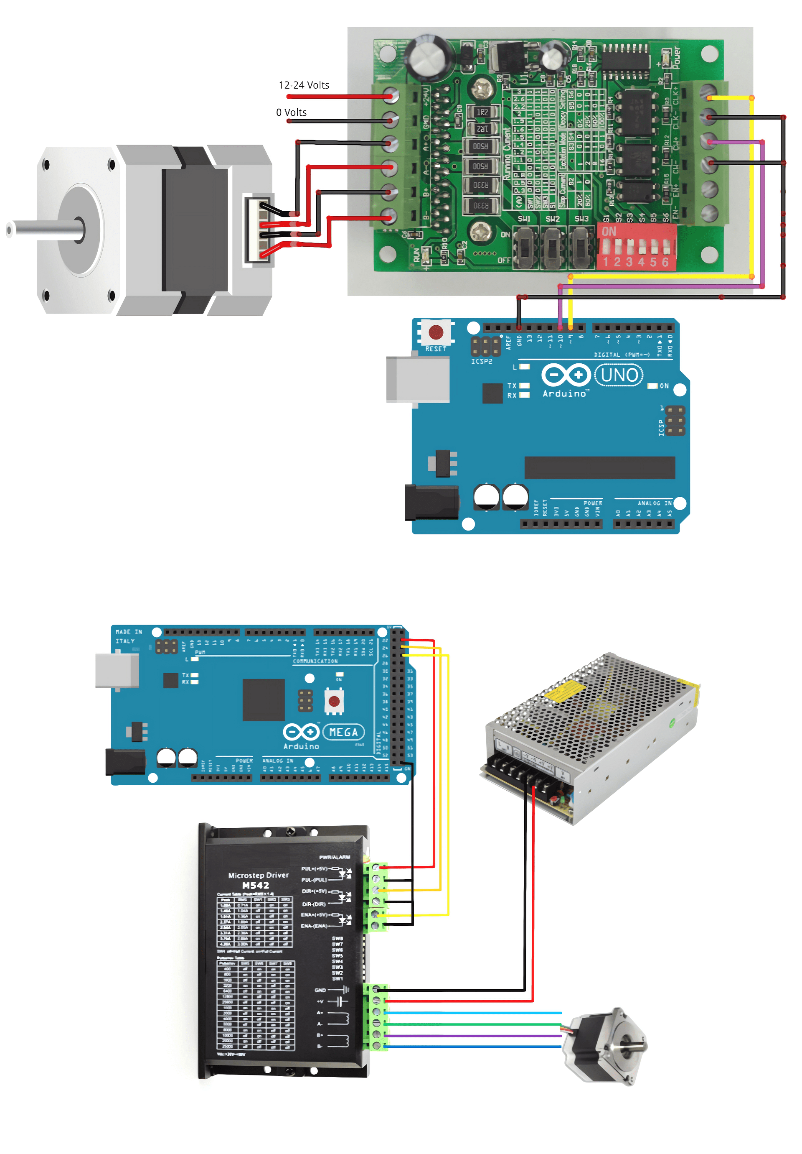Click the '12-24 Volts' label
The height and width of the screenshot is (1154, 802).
[x=303, y=85]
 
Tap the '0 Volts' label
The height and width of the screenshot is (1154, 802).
[x=291, y=112]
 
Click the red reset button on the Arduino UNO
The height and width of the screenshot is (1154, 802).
[x=435, y=332]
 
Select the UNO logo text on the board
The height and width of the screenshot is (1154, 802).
[x=619, y=375]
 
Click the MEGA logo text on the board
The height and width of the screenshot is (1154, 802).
[x=343, y=732]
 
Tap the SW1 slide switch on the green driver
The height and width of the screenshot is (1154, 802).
[x=525, y=247]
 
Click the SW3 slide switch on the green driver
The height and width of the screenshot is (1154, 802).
[x=581, y=247]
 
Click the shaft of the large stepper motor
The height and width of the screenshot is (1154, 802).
[x=45, y=229]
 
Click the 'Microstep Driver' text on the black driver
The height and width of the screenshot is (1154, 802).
[x=258, y=875]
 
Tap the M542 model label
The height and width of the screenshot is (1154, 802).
[x=255, y=886]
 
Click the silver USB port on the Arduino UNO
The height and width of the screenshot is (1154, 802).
[x=417, y=380]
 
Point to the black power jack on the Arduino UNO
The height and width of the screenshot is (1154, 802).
[x=431, y=502]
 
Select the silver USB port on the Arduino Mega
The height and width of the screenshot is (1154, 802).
[x=117, y=670]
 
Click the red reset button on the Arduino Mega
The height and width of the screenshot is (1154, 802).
[x=334, y=701]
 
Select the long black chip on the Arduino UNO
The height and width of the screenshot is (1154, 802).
[x=599, y=467]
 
